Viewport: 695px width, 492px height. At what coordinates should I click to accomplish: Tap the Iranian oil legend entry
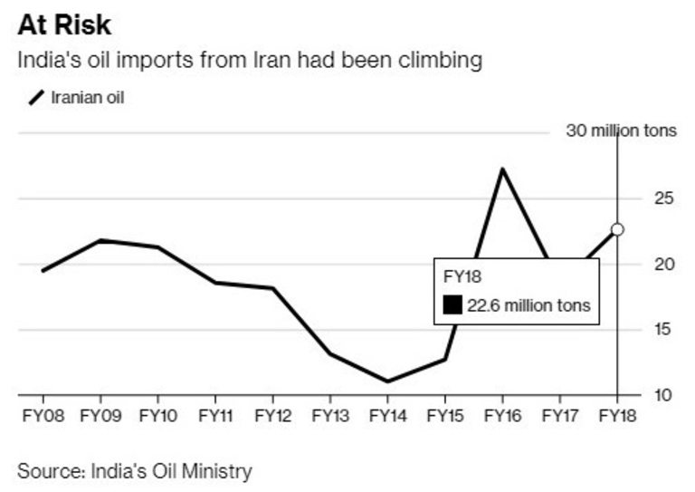77,97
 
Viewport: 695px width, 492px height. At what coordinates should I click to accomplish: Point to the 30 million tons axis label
621,130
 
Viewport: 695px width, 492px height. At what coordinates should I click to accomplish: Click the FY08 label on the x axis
43,416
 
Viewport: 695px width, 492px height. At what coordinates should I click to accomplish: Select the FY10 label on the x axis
157,416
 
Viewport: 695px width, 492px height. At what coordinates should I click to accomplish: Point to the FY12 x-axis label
272,416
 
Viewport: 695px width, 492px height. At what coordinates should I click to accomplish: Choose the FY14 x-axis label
387,416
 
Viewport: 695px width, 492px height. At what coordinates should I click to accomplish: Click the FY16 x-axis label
502,416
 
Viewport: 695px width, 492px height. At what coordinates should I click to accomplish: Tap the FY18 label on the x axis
617,416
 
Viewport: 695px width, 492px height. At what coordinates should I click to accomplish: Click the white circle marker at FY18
617,229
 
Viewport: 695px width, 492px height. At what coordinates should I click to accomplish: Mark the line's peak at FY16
502,169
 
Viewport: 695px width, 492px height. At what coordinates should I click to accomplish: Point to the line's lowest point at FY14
387,381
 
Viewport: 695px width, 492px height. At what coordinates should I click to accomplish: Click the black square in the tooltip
452,305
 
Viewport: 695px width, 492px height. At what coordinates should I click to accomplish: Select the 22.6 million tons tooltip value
528,305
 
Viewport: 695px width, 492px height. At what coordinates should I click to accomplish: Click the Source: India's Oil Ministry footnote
134,471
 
